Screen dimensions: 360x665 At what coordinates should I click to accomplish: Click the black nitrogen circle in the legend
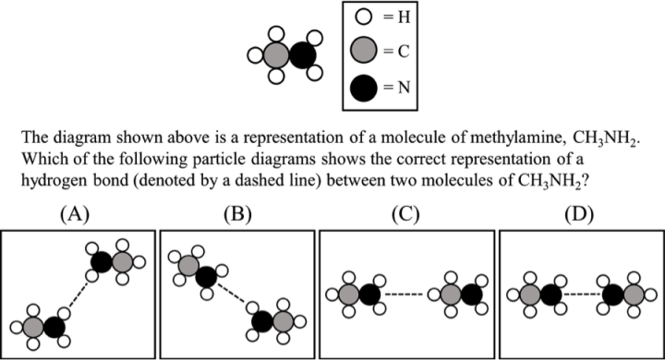[x=364, y=89]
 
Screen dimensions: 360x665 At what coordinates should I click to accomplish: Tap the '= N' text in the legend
[x=395, y=90]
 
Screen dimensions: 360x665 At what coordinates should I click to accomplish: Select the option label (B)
[x=237, y=215]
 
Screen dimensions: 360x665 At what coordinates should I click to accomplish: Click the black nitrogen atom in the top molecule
[x=301, y=54]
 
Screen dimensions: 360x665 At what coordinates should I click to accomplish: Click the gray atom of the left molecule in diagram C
[x=347, y=295]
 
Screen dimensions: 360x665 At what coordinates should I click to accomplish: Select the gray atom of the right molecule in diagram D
[x=635, y=295]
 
